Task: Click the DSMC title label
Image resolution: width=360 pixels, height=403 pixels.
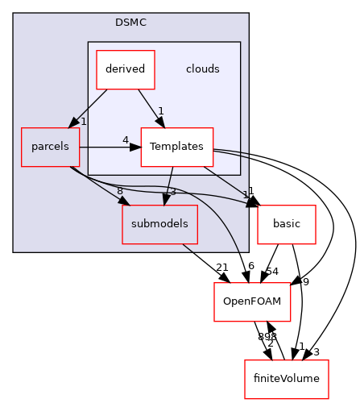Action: [130, 23]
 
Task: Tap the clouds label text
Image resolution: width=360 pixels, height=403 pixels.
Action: [202, 69]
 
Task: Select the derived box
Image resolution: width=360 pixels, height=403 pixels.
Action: [125, 69]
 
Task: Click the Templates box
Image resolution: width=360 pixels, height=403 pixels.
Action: [176, 147]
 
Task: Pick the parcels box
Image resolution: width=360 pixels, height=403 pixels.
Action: [50, 147]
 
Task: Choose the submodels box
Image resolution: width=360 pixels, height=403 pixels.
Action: [159, 224]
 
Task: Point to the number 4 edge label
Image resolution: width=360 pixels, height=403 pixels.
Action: [125, 140]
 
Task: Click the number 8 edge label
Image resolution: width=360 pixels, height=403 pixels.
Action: [119, 191]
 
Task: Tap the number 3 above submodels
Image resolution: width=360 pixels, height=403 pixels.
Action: [172, 192]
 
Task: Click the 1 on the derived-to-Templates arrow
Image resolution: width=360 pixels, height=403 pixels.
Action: [161, 111]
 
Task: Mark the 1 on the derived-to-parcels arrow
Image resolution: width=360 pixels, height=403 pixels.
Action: [83, 122]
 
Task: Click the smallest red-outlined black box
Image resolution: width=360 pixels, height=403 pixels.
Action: [287, 225]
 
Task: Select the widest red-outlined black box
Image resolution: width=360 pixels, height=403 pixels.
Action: [287, 380]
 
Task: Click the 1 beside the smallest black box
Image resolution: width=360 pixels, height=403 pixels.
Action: [245, 195]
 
